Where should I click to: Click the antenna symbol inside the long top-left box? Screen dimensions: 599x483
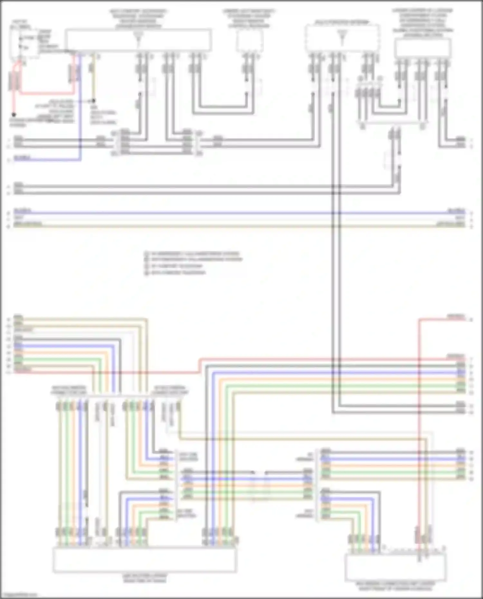click(x=138, y=37)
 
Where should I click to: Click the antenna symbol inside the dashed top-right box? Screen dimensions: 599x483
click(x=342, y=37)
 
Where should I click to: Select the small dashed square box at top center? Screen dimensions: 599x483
click(x=250, y=41)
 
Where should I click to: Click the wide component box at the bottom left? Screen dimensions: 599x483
click(x=145, y=560)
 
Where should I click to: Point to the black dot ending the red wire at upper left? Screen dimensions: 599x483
click(x=14, y=114)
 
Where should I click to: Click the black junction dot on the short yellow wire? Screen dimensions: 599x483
click(x=94, y=101)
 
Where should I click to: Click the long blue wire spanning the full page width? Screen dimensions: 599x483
click(x=238, y=213)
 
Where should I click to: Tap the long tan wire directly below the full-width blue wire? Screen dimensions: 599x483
click(x=238, y=226)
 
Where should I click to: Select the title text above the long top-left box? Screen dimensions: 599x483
click(x=138, y=19)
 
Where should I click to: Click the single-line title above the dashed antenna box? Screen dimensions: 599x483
click(x=342, y=22)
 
